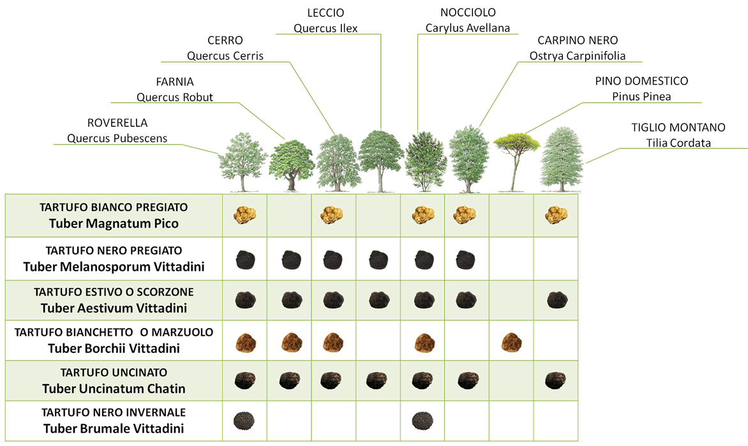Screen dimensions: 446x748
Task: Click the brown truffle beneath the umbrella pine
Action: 511,343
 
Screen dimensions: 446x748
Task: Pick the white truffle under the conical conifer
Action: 556,215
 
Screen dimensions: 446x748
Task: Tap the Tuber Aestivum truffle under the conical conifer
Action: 556,299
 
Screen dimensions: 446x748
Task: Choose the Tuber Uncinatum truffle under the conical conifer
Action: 556,380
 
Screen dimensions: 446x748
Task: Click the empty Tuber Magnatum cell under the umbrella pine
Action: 511,215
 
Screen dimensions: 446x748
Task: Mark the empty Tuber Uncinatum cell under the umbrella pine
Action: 511,380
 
